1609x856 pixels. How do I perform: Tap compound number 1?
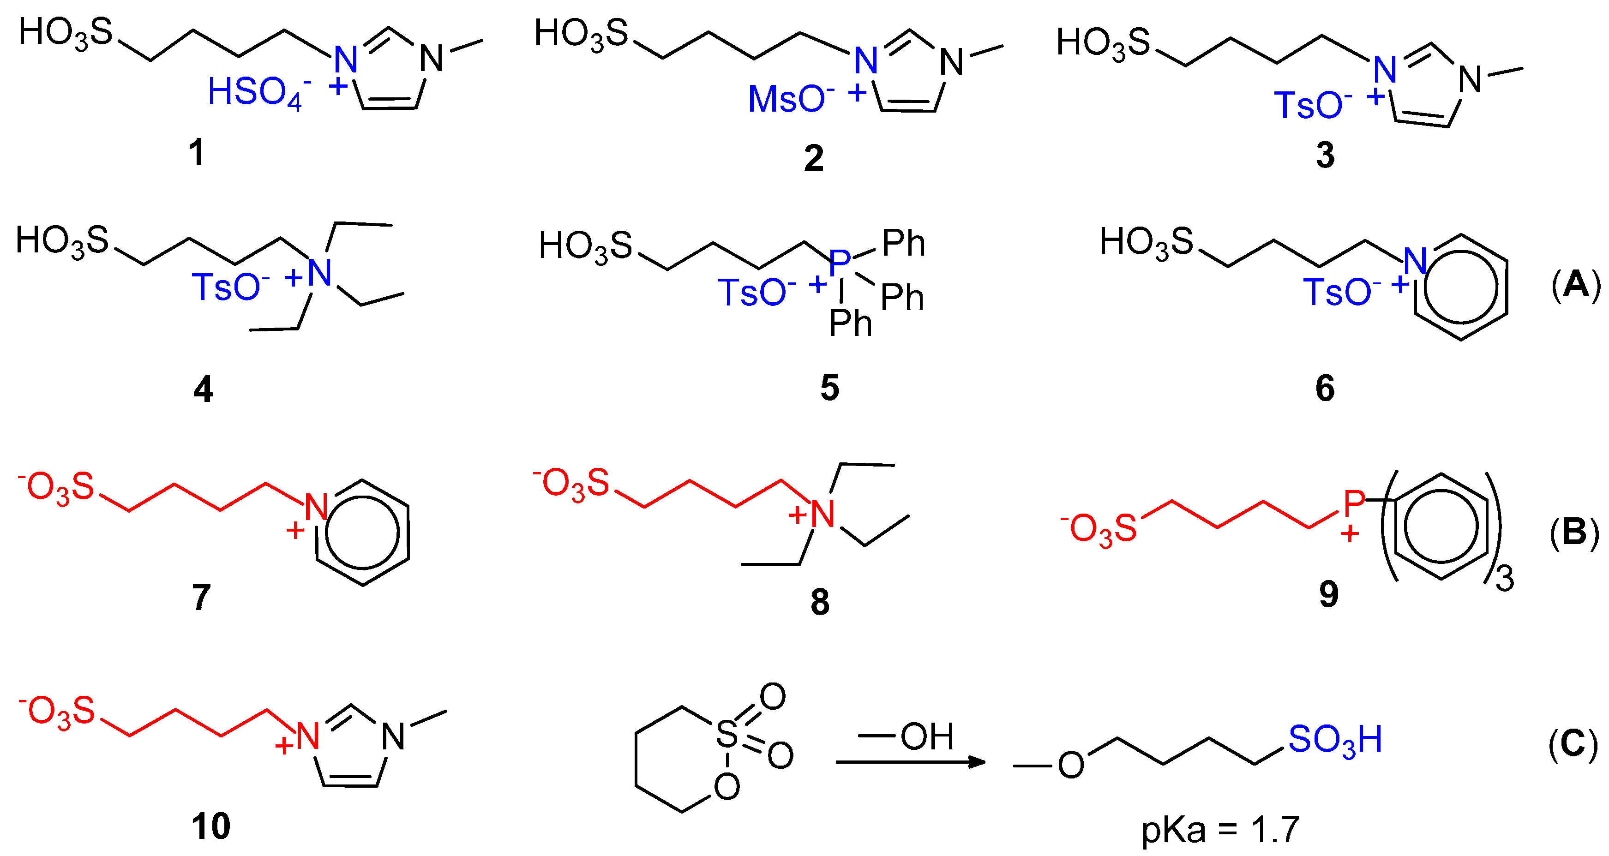tap(197, 152)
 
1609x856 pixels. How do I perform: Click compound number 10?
tap(210, 826)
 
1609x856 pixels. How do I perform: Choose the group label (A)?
tap(1576, 285)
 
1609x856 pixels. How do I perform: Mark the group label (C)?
tap(1573, 744)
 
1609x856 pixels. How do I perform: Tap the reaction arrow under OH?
tap(910, 762)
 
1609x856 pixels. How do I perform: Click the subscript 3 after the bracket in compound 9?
tap(1505, 579)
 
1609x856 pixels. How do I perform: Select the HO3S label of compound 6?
tap(1146, 243)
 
